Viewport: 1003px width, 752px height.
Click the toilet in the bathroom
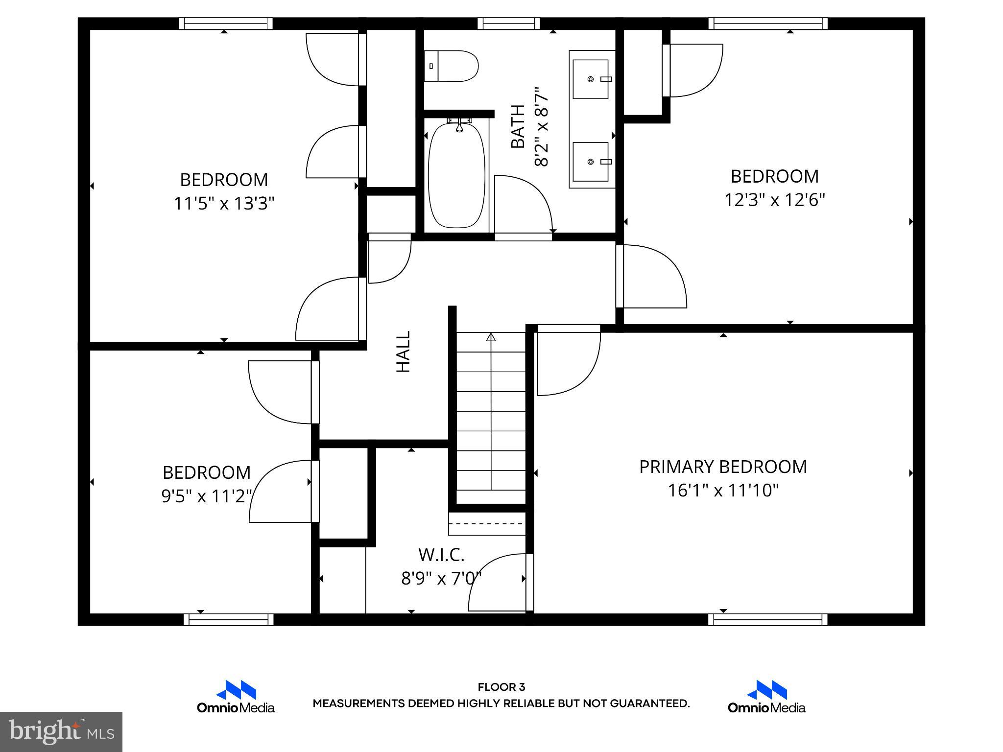(451, 66)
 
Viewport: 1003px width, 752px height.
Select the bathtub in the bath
(457, 175)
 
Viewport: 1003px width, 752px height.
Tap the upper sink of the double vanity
(591, 79)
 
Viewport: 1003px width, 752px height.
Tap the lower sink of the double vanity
(591, 161)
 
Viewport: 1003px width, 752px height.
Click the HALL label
(403, 352)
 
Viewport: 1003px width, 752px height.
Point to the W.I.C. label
(441, 555)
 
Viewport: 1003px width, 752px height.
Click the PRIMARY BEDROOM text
(723, 467)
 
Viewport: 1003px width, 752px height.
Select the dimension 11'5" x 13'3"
(224, 203)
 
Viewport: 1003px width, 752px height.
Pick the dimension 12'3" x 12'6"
(775, 200)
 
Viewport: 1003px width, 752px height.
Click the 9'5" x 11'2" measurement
(207, 496)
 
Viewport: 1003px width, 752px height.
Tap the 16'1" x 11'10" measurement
(723, 490)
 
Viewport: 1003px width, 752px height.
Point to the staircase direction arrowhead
(491, 337)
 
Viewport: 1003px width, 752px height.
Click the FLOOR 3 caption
(501, 687)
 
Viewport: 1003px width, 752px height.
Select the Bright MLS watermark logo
(61, 732)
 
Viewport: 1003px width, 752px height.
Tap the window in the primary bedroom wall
(768, 619)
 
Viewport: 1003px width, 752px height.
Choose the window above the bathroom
(509, 23)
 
